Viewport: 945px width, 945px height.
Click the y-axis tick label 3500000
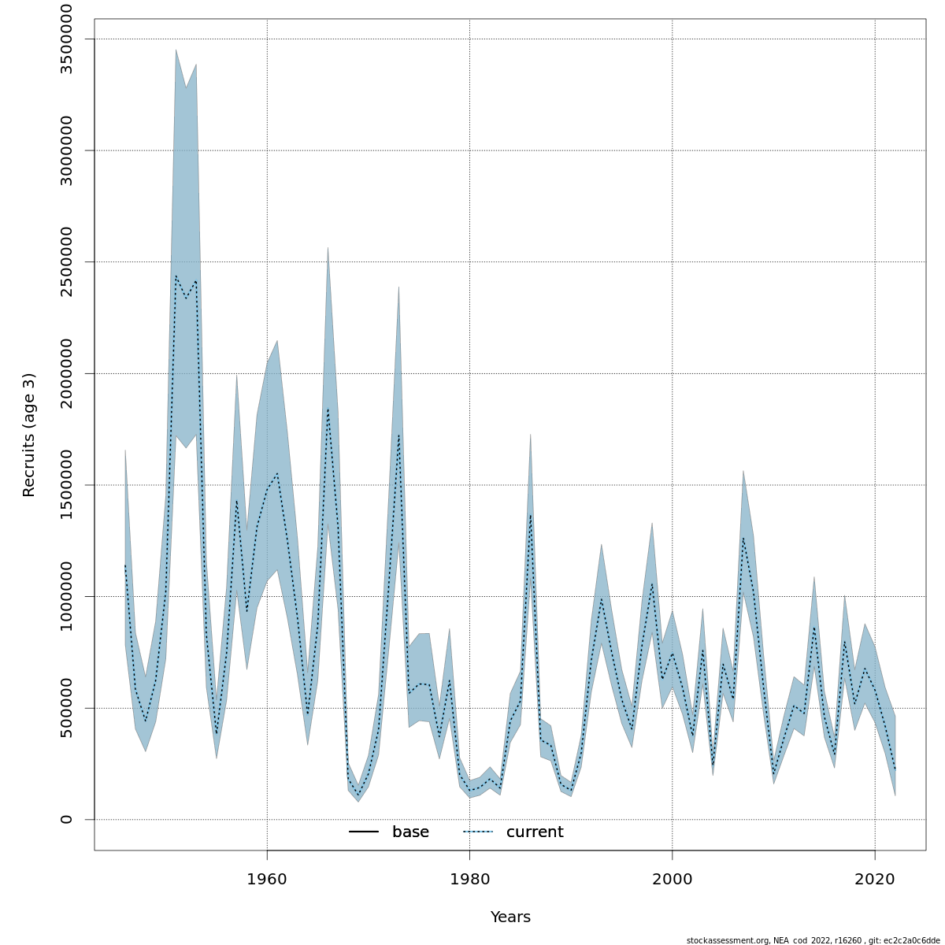click(x=66, y=39)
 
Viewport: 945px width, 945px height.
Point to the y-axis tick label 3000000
click(x=66, y=150)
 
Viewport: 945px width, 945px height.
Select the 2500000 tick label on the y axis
click(x=66, y=261)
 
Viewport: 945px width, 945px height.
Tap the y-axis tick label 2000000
click(x=66, y=373)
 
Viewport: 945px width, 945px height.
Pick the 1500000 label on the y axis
click(x=66, y=485)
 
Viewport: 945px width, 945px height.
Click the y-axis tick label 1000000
click(x=66, y=596)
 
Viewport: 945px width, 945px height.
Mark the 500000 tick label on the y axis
click(x=66, y=708)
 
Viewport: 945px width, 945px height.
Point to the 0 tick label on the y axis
click(x=66, y=820)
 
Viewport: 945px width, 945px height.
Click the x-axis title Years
click(x=510, y=917)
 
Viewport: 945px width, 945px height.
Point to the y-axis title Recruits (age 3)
click(x=29, y=435)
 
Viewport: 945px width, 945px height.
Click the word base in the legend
click(x=410, y=832)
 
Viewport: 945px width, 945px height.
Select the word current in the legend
click(x=535, y=832)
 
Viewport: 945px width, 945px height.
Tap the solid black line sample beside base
click(x=364, y=832)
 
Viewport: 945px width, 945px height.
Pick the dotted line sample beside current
click(x=478, y=832)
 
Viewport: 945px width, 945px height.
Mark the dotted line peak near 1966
click(x=328, y=409)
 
